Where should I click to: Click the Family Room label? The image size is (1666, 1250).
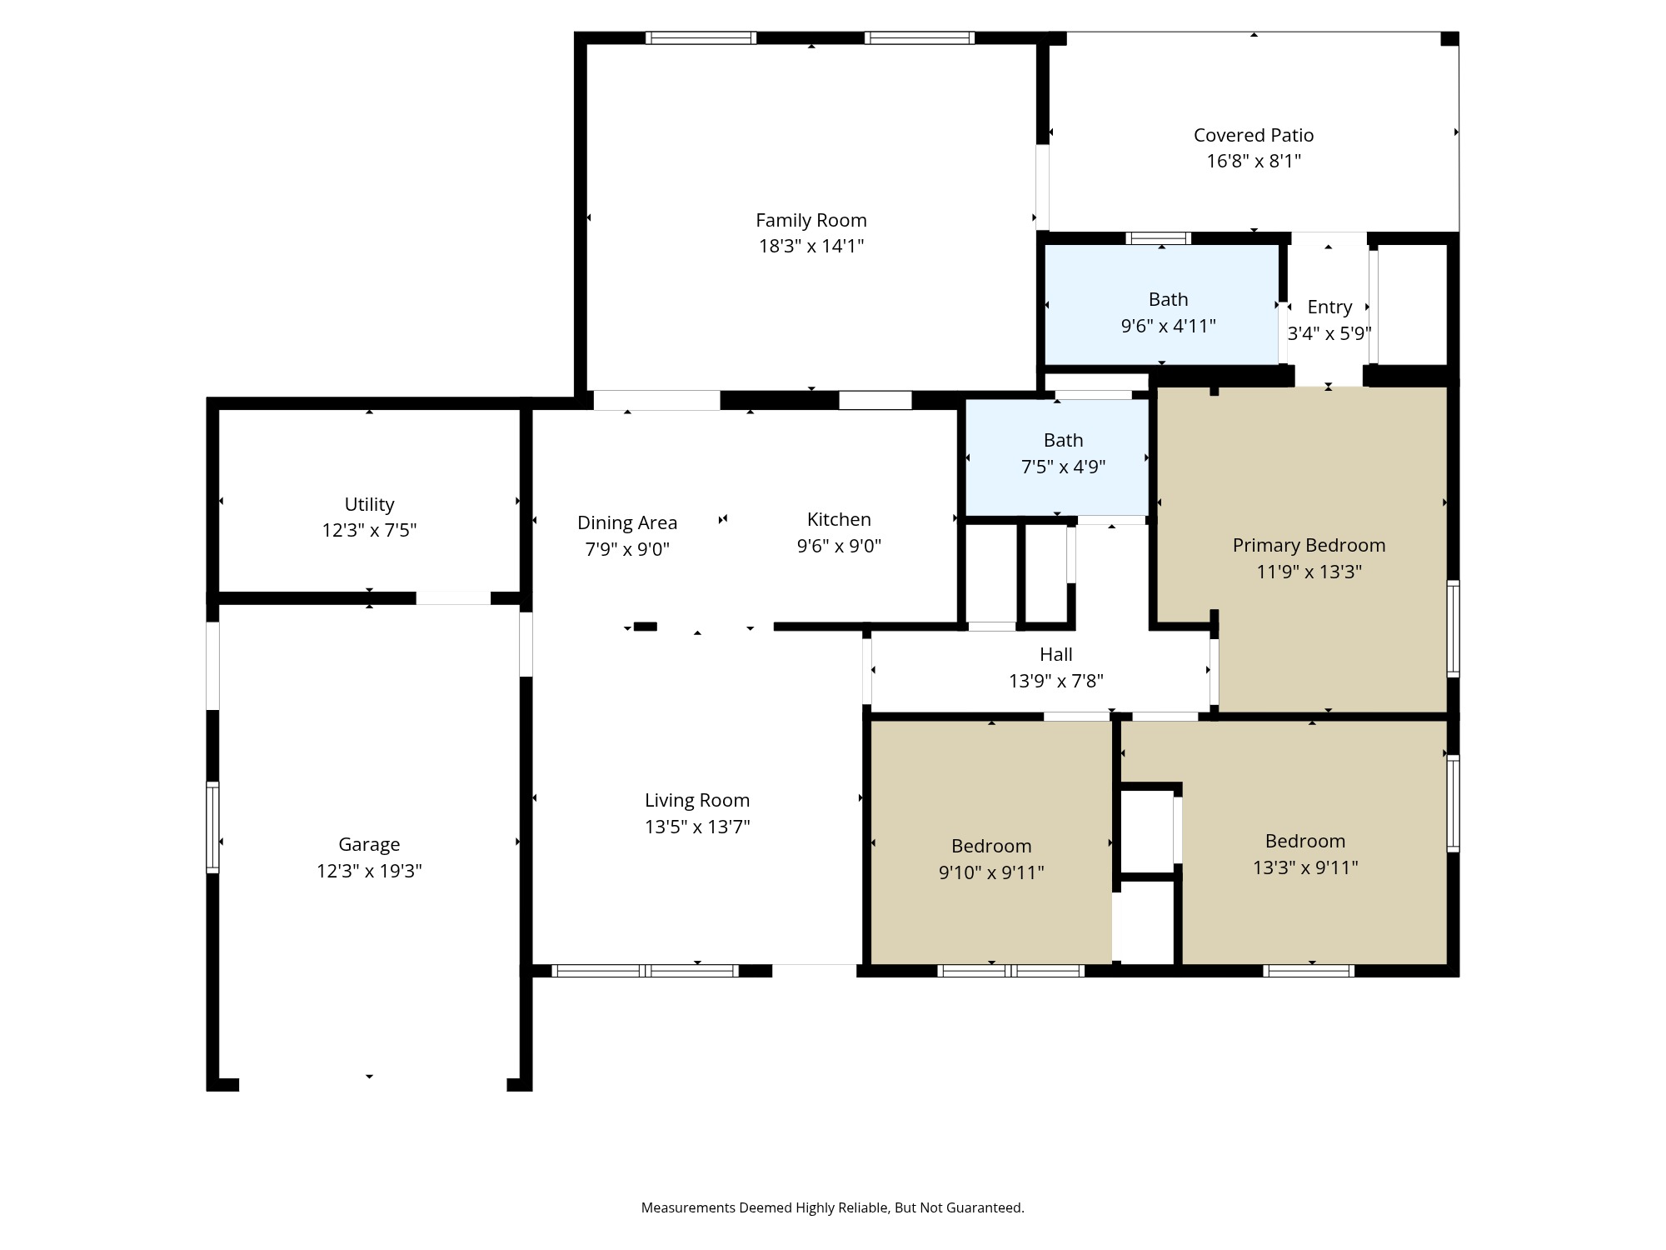click(811, 220)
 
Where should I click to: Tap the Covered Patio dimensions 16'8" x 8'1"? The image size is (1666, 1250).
click(1253, 161)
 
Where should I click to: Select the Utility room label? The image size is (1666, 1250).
click(369, 504)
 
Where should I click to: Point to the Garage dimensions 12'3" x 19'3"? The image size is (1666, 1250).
click(369, 871)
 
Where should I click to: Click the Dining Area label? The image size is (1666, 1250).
click(627, 522)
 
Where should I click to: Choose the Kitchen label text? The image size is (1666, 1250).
click(839, 519)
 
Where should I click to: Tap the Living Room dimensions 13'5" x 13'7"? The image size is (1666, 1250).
click(697, 827)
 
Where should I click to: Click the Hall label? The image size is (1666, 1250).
click(1055, 654)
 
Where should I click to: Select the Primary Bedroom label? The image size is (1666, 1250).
click(1309, 545)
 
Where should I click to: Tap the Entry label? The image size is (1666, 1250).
click(1329, 307)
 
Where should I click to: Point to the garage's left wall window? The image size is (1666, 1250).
click(212, 827)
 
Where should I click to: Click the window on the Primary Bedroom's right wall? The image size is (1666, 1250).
click(1453, 627)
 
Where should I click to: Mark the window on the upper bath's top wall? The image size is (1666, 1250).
click(1158, 238)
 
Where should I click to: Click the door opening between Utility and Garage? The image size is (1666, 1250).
click(453, 598)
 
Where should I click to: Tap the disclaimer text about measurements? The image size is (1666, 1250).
click(832, 1207)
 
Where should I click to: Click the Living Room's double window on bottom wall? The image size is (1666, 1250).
click(645, 970)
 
